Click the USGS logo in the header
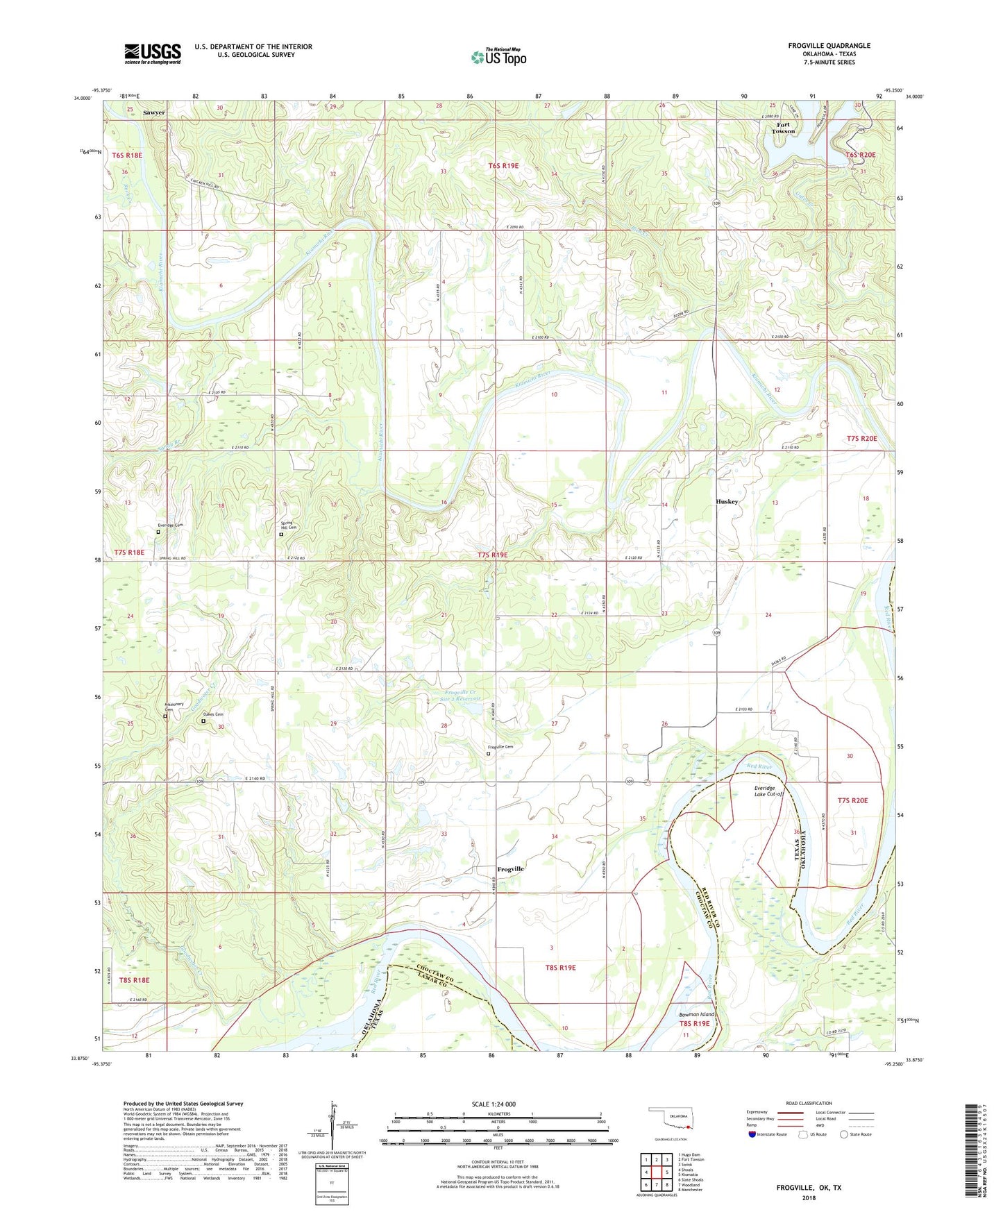pyautogui.click(x=153, y=53)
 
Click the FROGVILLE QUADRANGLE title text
pyautogui.click(x=829, y=46)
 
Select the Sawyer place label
pyautogui.click(x=154, y=112)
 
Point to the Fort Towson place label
pyautogui.click(x=783, y=128)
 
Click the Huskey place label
pyautogui.click(x=727, y=501)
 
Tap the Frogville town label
pyautogui.click(x=510, y=869)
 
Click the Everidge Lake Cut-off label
pyautogui.click(x=768, y=791)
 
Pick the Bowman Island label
pyautogui.click(x=696, y=1014)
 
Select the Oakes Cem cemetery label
pyautogui.click(x=213, y=715)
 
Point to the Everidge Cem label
pyautogui.click(x=170, y=525)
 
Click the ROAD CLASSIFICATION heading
pyautogui.click(x=809, y=1103)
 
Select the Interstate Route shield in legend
pyautogui.click(x=753, y=1135)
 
